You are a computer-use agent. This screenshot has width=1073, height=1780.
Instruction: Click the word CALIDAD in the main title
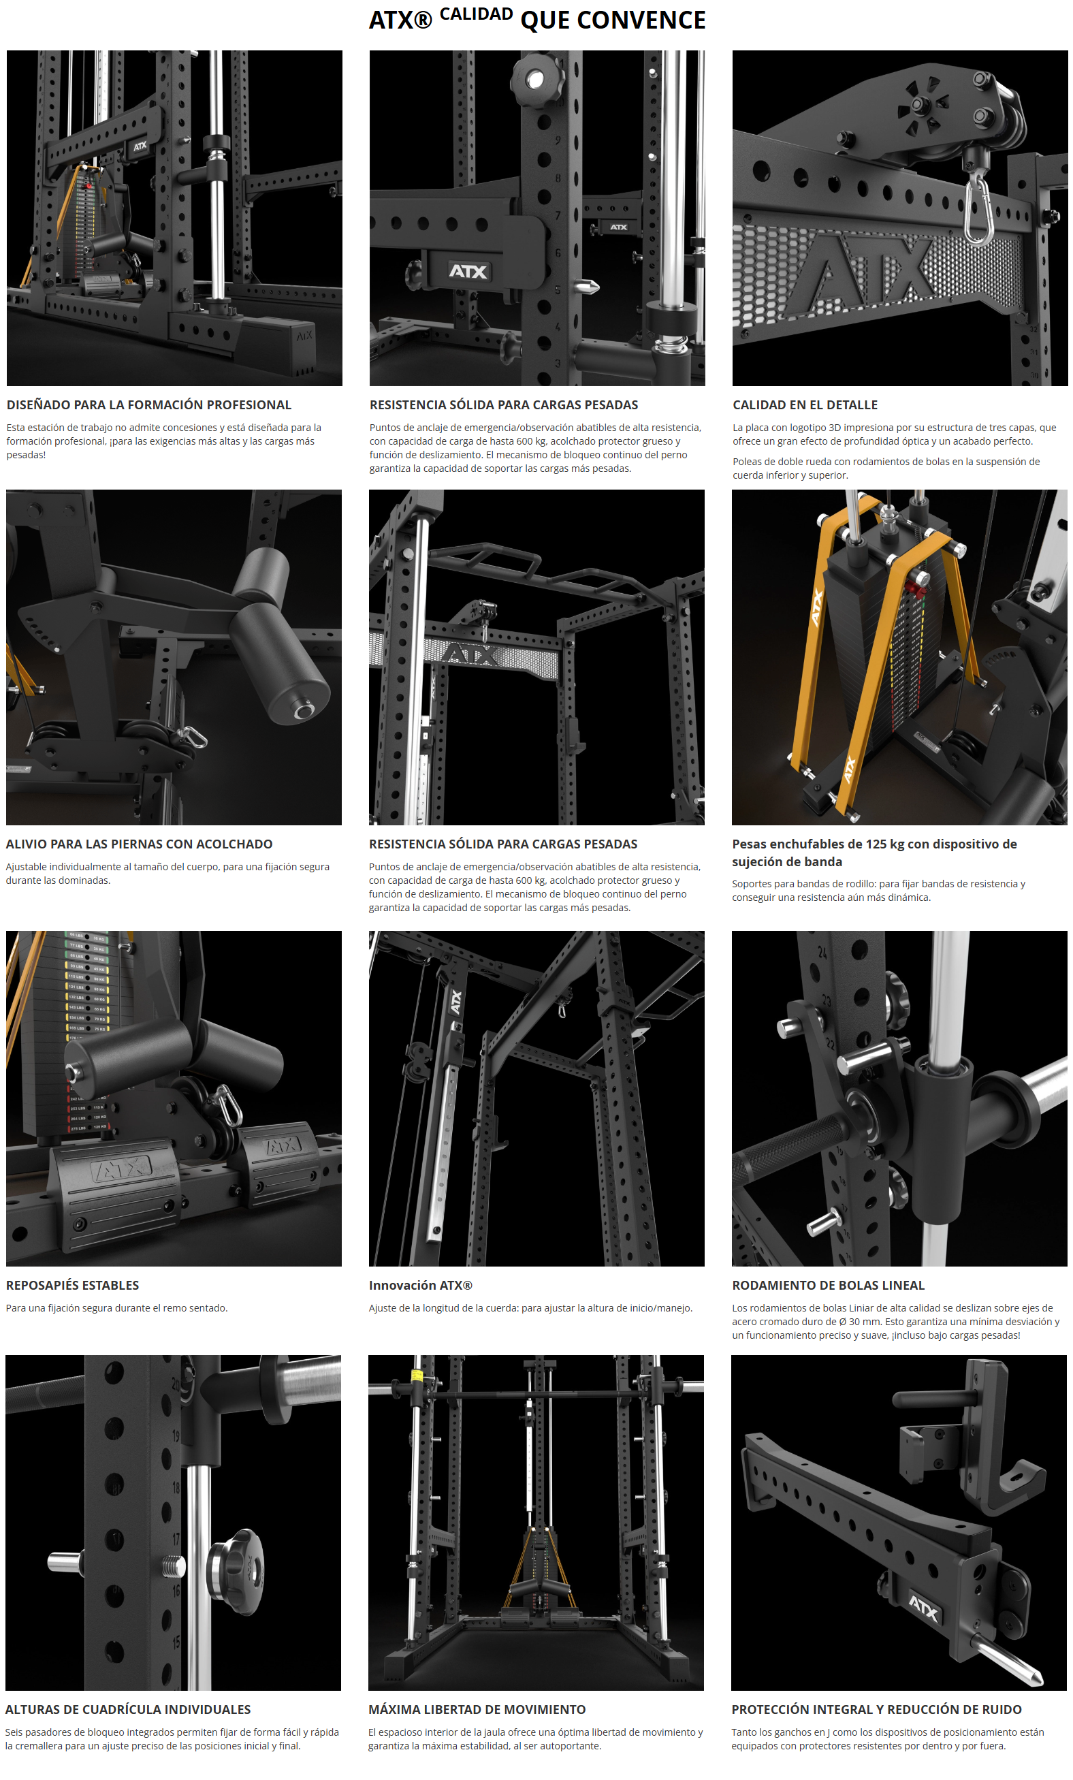[476, 14]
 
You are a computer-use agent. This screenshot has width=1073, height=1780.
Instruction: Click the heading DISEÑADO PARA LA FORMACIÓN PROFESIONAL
[148, 404]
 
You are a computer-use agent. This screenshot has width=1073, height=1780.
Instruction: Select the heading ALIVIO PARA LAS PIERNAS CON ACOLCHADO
[140, 844]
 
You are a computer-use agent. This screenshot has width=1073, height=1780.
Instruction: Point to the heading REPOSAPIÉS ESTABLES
[72, 1285]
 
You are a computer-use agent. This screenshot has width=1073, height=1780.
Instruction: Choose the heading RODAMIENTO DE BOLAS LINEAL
[828, 1285]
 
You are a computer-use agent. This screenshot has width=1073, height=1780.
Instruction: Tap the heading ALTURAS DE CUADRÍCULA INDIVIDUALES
[128, 1709]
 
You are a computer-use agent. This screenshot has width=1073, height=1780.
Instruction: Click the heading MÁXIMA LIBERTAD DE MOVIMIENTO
[477, 1709]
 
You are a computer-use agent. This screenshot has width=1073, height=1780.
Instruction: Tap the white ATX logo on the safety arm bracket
[468, 271]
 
